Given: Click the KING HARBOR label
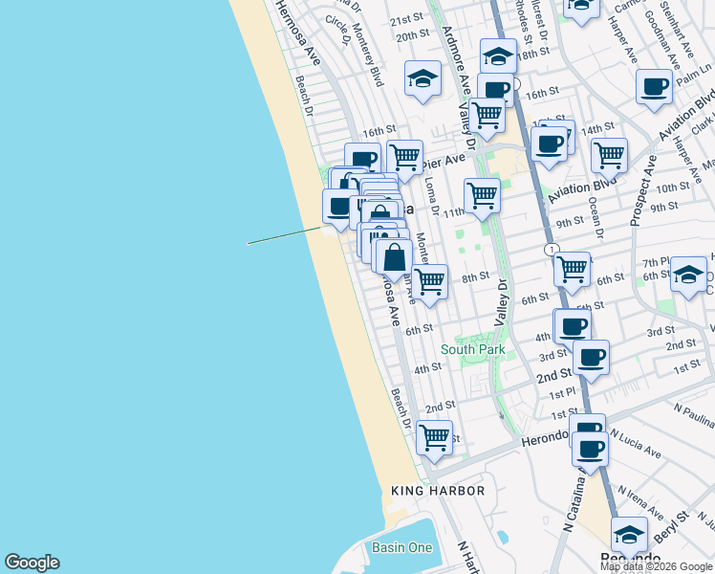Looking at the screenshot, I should pos(438,491).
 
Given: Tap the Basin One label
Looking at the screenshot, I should pos(401,547).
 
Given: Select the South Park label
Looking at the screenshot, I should pos(472,350).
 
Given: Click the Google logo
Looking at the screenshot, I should pos(32,563).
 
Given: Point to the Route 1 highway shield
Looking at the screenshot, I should pos(552,249).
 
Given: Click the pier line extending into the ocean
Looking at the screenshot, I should pos(285,235).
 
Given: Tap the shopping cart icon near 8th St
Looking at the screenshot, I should pos(430,281).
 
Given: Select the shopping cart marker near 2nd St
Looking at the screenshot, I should pos(434,436).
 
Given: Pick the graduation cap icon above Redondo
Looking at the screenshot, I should pos(628,533).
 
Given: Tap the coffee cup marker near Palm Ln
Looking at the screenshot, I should pos(655,86).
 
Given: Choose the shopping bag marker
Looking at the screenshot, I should pos(394,256).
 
